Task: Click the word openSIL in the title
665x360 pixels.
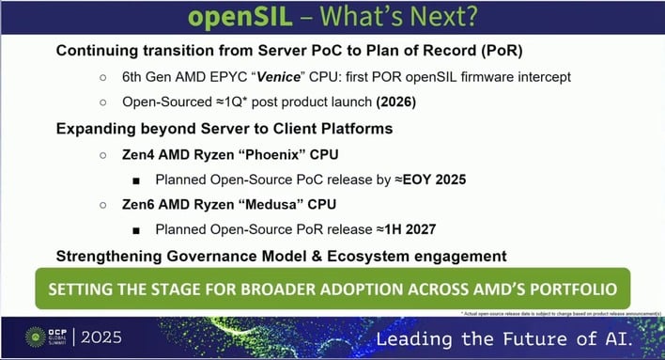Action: pyautogui.click(x=241, y=18)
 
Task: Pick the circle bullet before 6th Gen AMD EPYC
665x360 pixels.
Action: pyautogui.click(x=101, y=76)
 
